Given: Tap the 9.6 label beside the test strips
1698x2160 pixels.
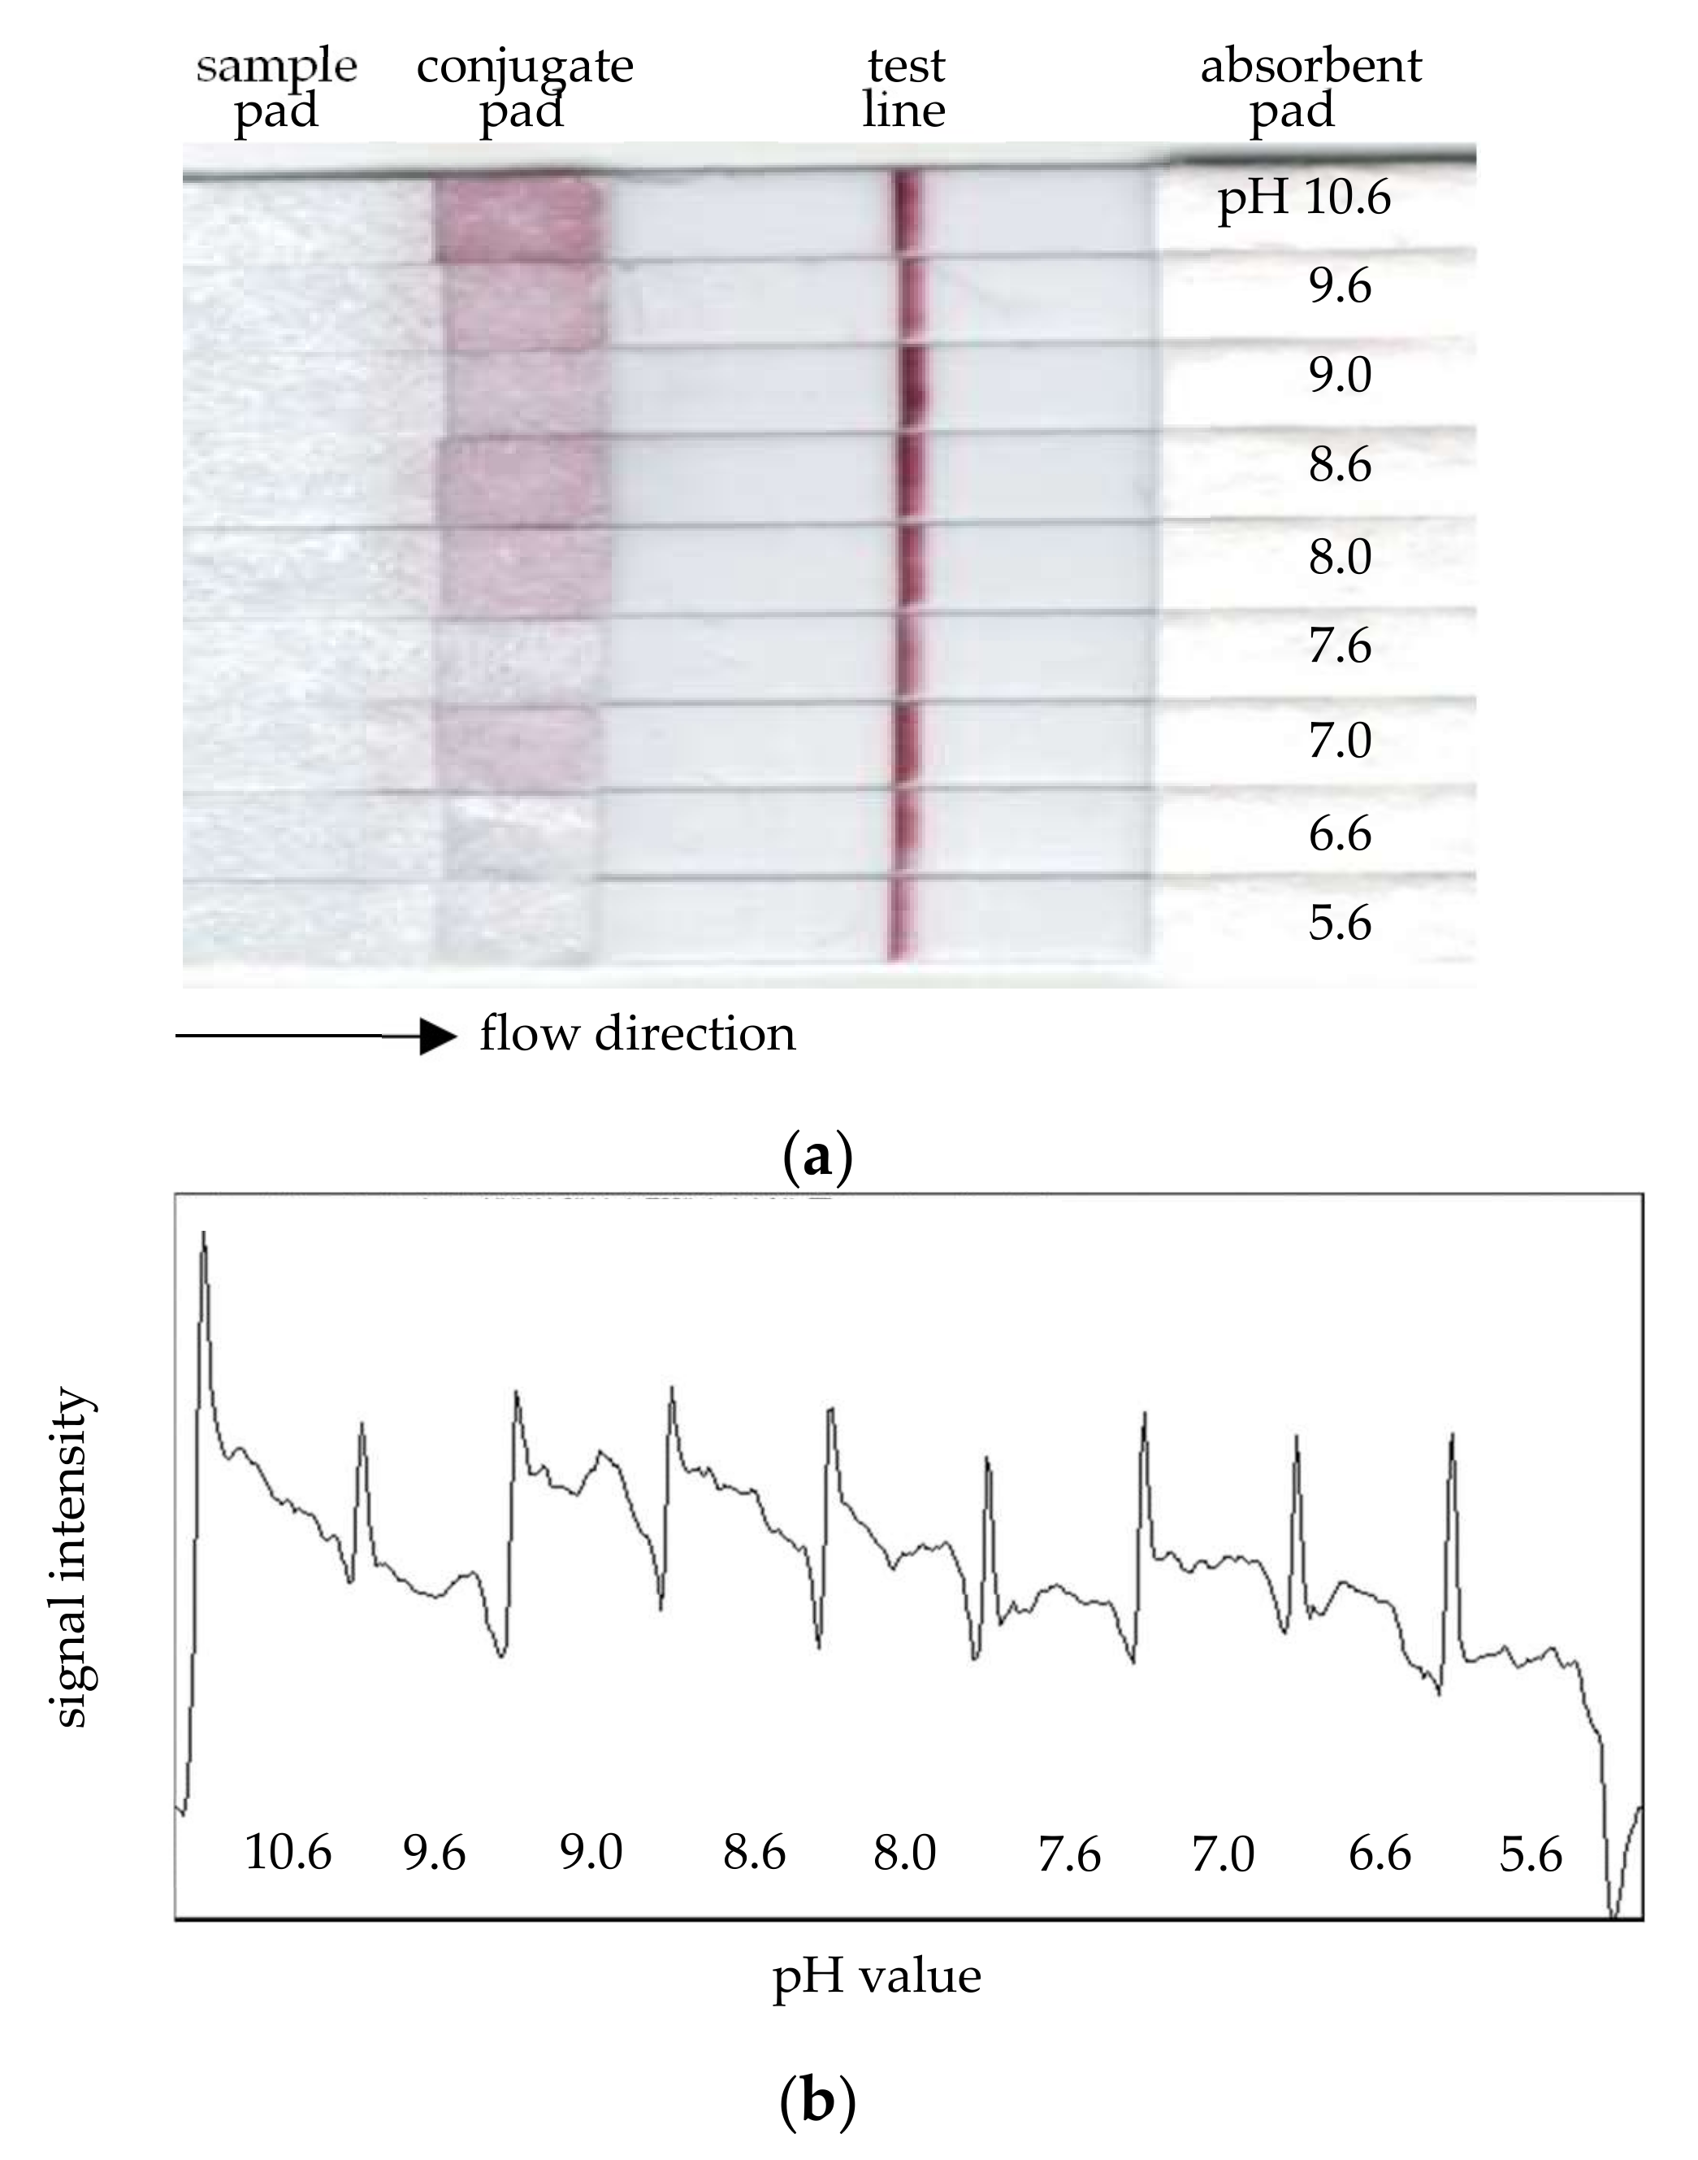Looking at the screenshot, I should coord(1339,286).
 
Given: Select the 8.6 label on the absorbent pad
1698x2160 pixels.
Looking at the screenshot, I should coord(1339,464).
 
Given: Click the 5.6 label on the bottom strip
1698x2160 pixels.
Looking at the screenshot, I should coord(1339,923).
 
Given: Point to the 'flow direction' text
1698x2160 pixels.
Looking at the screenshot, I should coord(637,1034).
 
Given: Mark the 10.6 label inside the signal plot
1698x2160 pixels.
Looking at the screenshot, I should coord(288,1852).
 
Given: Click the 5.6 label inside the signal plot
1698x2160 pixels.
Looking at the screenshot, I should coord(1530,1854).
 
